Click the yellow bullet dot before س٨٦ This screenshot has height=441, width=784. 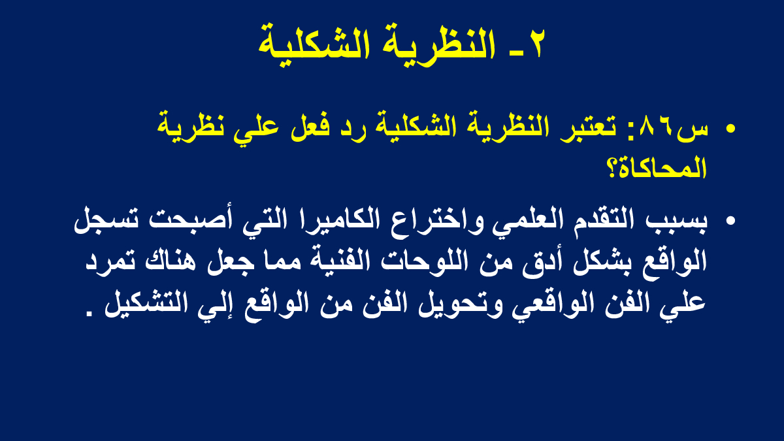coord(730,129)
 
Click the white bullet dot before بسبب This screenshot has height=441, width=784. coord(730,221)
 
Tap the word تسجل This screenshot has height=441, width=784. coord(106,221)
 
